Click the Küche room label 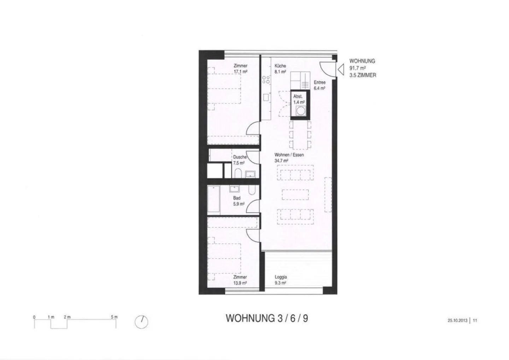point(280,66)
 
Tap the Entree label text point(320,82)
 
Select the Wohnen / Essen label point(289,155)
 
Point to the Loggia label point(281,277)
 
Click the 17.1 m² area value point(241,71)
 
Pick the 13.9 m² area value point(240,283)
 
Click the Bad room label point(237,198)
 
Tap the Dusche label point(240,157)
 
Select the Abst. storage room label point(298,96)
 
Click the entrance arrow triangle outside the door point(341,70)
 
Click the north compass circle point(141,322)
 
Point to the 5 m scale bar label point(114,317)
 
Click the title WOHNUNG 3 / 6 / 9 point(267,318)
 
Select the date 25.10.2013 point(457,320)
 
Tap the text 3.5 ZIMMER point(363,75)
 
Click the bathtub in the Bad point(213,199)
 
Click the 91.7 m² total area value point(357,68)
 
